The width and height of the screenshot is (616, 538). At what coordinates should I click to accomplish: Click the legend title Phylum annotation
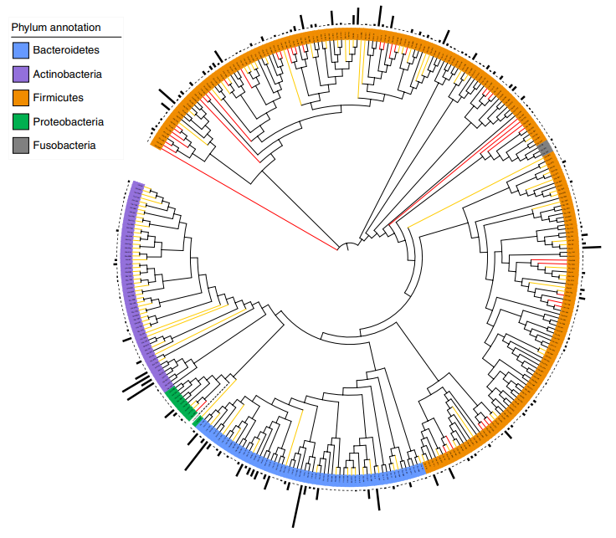pyautogui.click(x=56, y=28)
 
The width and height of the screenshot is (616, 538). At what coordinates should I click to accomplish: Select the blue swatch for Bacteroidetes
pyautogui.click(x=21, y=51)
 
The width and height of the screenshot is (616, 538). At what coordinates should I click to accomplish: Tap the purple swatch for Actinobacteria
pyautogui.click(x=21, y=74)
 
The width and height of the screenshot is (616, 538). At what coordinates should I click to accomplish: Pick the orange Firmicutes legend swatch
pyautogui.click(x=21, y=98)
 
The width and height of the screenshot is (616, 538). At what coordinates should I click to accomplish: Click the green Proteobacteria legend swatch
pyautogui.click(x=21, y=122)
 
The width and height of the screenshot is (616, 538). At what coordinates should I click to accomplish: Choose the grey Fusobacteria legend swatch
pyautogui.click(x=21, y=146)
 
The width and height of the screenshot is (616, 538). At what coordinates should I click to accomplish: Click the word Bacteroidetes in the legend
pyautogui.click(x=66, y=51)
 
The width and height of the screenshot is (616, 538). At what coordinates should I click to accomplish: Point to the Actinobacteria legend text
pyautogui.click(x=68, y=74)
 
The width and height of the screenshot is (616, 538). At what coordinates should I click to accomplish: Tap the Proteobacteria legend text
pyautogui.click(x=69, y=122)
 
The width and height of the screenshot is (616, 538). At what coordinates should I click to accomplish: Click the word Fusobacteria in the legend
pyautogui.click(x=64, y=146)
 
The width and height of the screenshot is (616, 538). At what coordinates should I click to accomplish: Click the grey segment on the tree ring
pyautogui.click(x=547, y=149)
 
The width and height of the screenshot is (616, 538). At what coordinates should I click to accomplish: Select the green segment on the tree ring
pyautogui.click(x=182, y=403)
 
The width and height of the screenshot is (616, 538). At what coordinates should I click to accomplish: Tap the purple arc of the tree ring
pyautogui.click(x=134, y=276)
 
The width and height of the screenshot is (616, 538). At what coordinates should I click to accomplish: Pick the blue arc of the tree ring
pyautogui.click(x=318, y=478)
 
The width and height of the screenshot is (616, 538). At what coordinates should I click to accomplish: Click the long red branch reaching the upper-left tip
pyautogui.click(x=251, y=198)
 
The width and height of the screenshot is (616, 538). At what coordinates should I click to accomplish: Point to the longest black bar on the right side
pyautogui.click(x=592, y=248)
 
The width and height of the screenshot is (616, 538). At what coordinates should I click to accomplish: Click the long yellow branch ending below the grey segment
pyautogui.click(x=477, y=192)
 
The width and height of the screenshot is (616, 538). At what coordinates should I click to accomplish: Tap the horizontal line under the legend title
pyautogui.click(x=65, y=38)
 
